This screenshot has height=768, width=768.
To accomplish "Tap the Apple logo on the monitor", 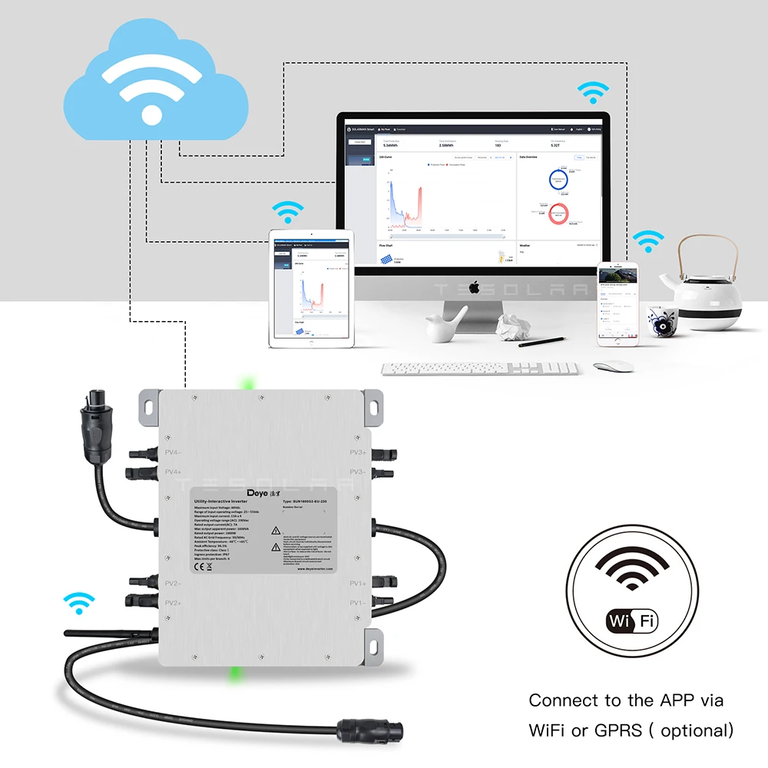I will click(x=474, y=287).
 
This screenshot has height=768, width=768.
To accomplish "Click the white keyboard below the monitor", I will click(x=480, y=369).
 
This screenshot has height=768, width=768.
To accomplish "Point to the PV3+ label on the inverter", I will click(x=357, y=452).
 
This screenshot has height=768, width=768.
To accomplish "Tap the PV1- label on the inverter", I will click(x=357, y=604).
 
